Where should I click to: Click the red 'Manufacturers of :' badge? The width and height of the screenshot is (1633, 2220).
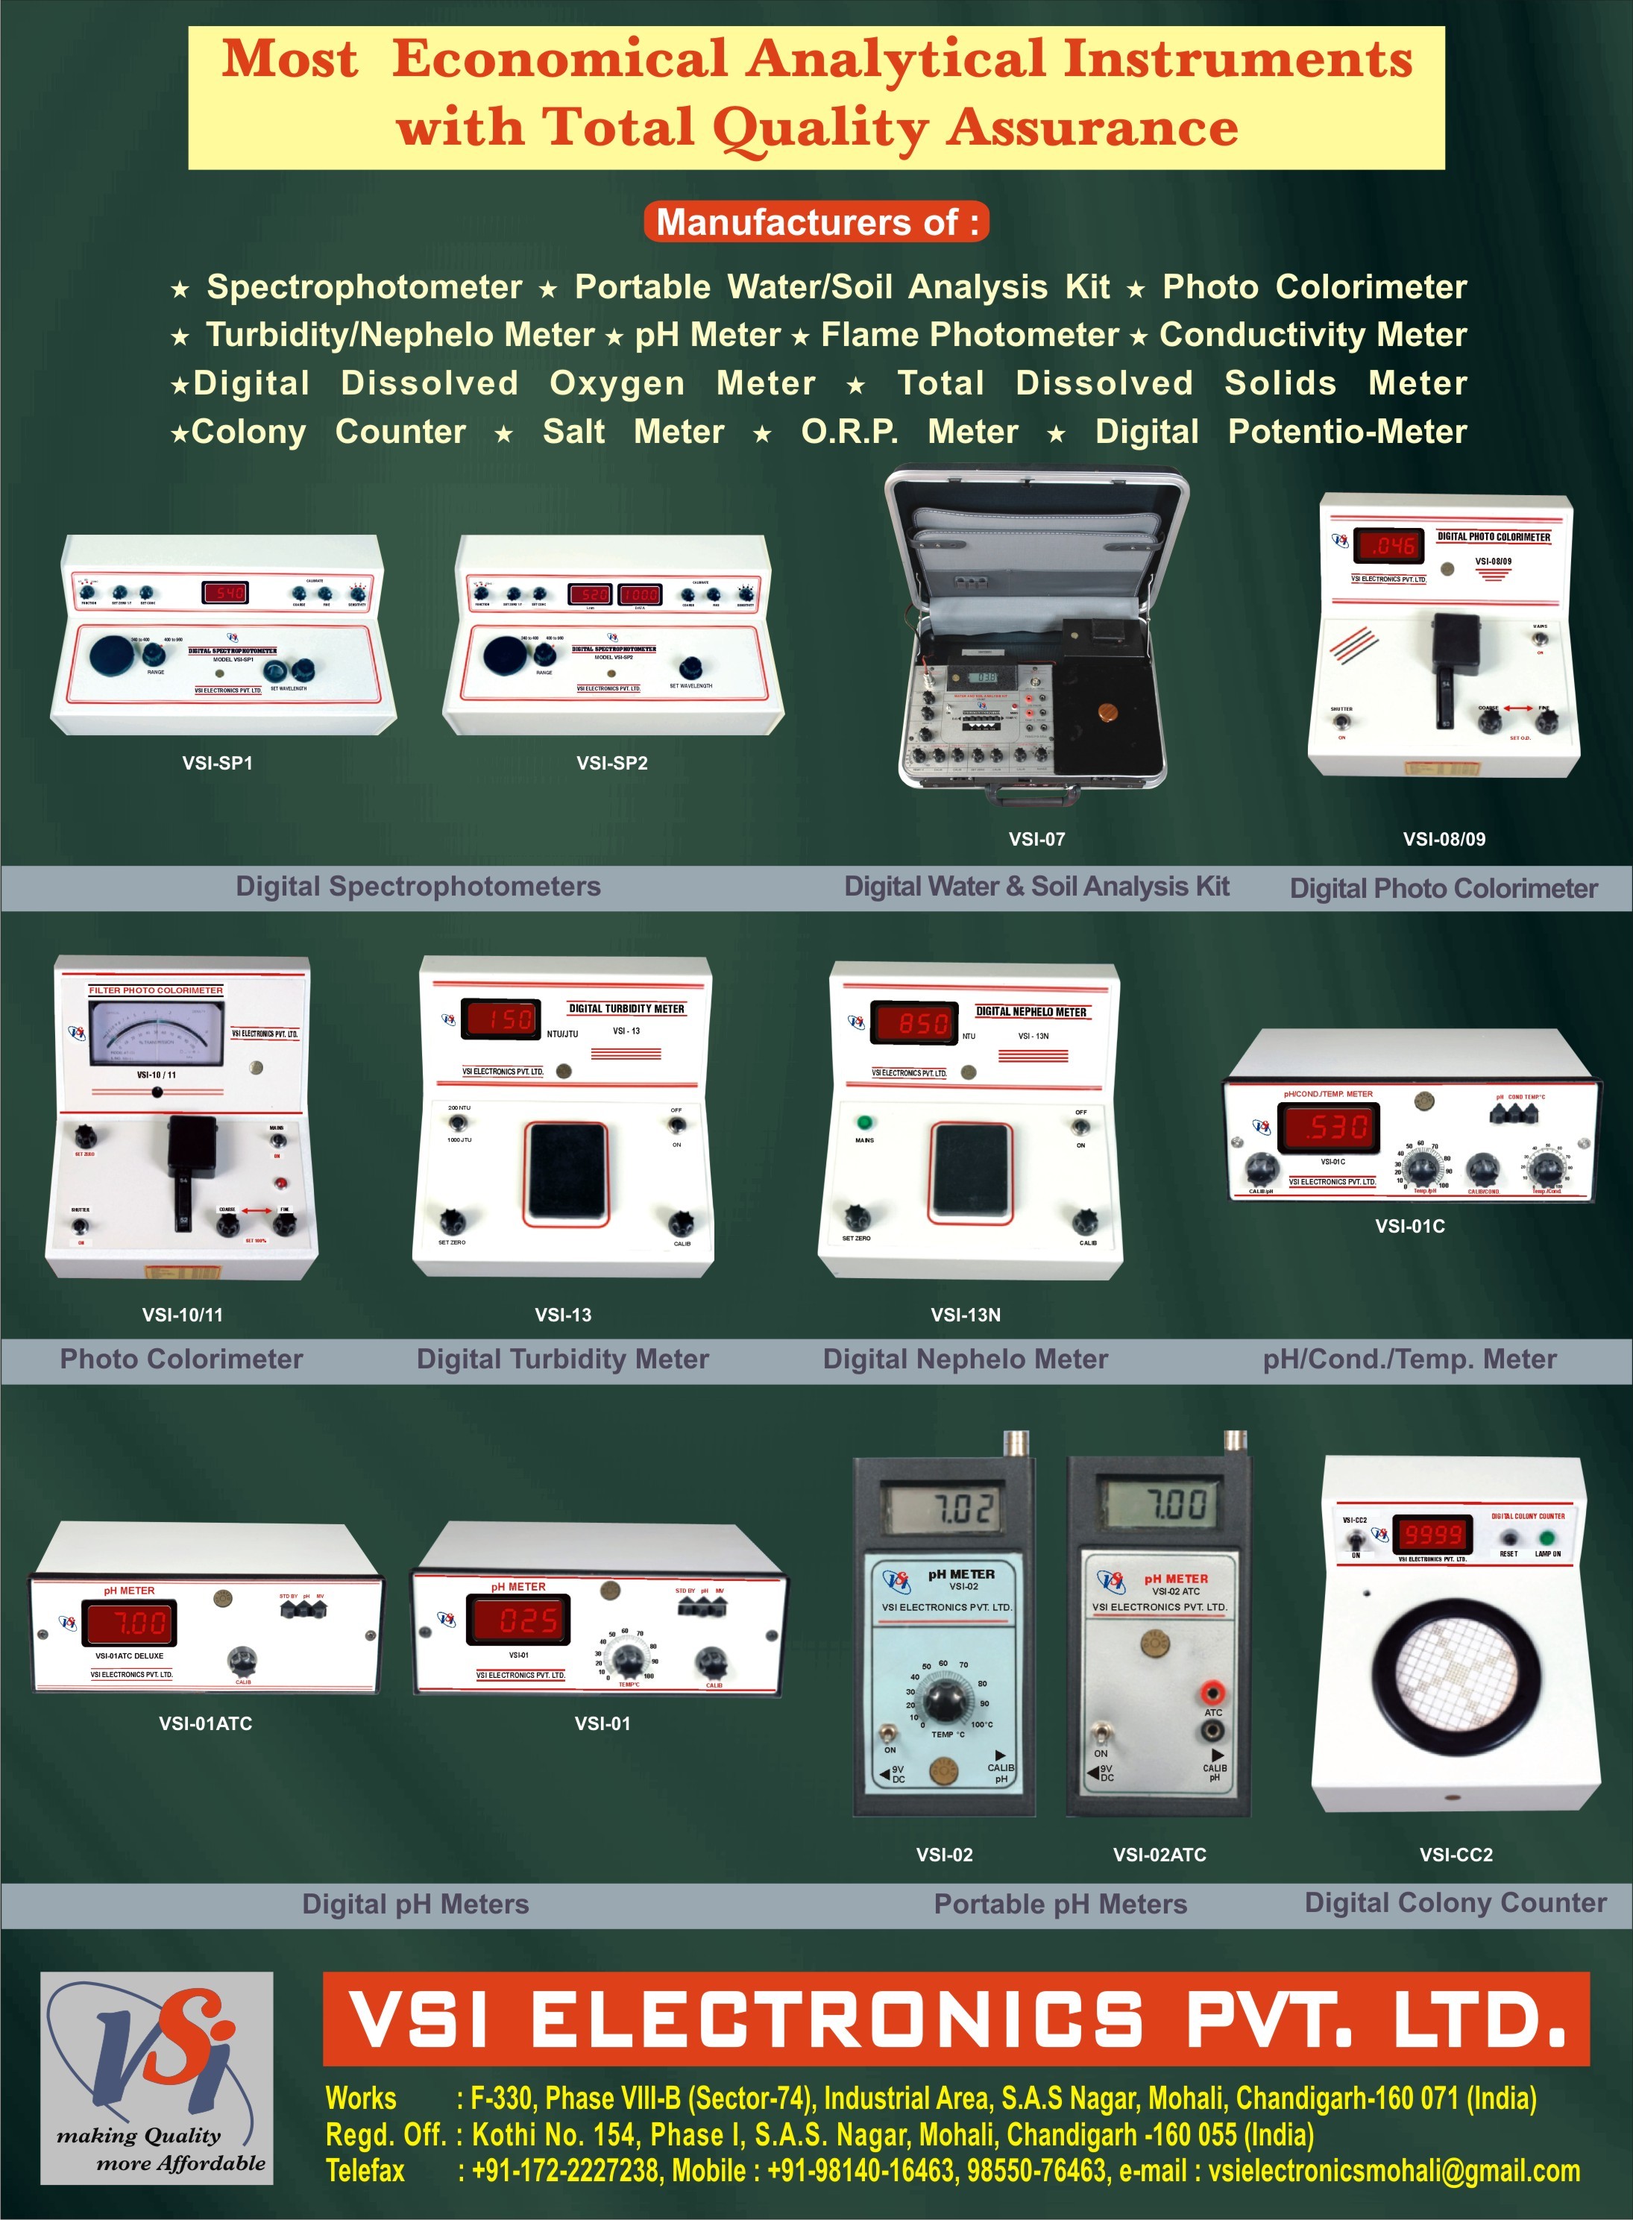tap(816, 221)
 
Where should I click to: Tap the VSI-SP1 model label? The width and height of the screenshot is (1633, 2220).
tap(218, 763)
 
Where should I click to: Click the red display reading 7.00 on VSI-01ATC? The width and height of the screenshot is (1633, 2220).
tap(130, 1623)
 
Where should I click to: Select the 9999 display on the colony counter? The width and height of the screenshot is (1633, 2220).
tap(1433, 1535)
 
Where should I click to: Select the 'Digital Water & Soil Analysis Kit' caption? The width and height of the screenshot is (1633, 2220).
tap(1036, 887)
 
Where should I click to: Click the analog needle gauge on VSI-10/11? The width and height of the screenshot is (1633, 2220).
tap(156, 1034)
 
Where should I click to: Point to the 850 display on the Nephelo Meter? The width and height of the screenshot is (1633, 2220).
tap(923, 1024)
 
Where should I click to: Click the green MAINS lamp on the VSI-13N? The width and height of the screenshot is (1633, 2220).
tap(865, 1123)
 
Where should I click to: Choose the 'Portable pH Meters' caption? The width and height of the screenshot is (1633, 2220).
tap(1060, 1903)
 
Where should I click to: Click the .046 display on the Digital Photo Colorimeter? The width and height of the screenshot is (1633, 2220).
tap(1389, 544)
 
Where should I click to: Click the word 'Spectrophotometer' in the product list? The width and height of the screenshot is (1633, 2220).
tap(364, 286)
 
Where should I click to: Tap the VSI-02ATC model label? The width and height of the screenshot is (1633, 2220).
tap(1160, 1855)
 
